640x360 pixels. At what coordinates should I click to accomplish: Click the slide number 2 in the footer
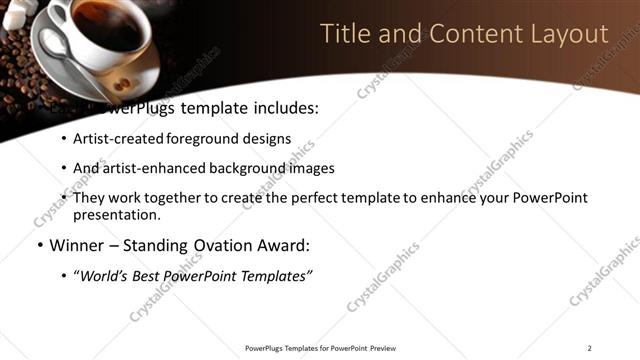click(x=589, y=348)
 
